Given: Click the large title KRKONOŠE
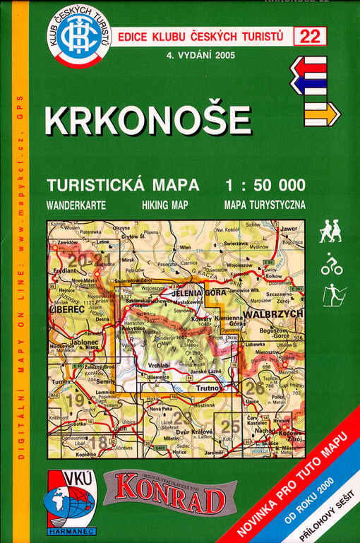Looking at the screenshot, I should pos(148,121).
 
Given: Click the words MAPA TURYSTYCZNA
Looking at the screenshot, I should pos(264,205).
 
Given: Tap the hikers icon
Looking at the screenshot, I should pos(330,231).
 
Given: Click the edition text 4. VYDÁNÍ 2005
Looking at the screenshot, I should pos(196,55).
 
